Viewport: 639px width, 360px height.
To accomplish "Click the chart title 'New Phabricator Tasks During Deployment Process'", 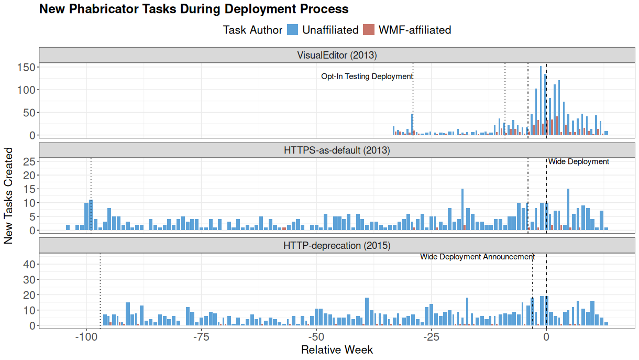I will [194, 9].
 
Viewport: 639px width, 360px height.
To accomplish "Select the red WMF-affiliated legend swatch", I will [369, 30].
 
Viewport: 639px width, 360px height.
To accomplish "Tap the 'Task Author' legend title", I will [252, 30].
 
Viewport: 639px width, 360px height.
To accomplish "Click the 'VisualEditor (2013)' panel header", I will [337, 55].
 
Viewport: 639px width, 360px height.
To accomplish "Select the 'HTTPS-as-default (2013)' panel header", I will [337, 150].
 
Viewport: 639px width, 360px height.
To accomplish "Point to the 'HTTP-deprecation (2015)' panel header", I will [337, 245].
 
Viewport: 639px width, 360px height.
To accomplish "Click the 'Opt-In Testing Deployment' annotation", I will [367, 77].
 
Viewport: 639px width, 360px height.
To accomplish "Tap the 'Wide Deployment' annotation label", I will [579, 162].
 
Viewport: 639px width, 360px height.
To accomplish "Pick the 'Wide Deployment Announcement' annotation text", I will [477, 257].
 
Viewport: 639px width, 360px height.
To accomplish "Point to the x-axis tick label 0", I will [546, 336].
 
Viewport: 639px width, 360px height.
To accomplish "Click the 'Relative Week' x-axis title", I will [337, 350].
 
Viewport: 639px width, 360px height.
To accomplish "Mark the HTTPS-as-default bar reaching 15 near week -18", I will [462, 210].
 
